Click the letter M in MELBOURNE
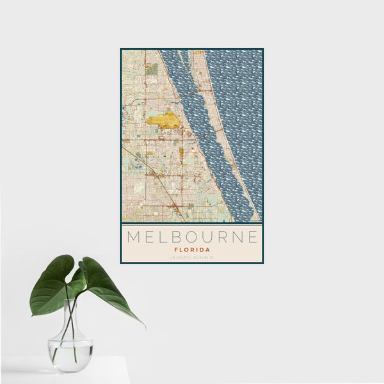click(134, 237)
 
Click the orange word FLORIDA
click(191, 250)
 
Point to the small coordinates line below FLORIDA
click(191, 258)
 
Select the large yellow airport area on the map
click(165, 120)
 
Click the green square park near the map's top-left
click(152, 68)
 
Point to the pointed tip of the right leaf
click(144, 327)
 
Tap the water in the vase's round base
click(70, 355)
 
